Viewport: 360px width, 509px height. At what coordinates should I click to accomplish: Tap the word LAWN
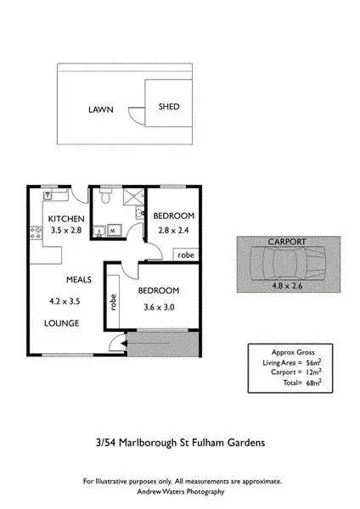click(x=102, y=110)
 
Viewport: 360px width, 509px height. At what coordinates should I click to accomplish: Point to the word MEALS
click(x=80, y=278)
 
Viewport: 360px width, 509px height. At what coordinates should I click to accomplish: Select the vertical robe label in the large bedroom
click(x=111, y=303)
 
